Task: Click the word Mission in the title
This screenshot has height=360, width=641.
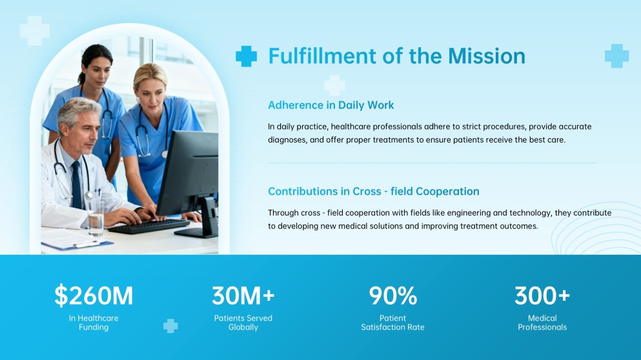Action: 487,56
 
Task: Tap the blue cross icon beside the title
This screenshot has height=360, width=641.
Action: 246,56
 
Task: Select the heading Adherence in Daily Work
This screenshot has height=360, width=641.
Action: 331,105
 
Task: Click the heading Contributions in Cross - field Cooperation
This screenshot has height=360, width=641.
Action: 373,192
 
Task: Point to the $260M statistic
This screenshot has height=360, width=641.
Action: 94,295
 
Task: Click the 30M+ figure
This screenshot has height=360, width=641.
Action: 243,295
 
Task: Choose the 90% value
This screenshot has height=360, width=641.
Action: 392,295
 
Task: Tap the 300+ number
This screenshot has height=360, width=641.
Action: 542,295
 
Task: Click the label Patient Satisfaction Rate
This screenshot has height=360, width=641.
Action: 392,323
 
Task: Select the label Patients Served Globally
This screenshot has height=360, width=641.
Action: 243,323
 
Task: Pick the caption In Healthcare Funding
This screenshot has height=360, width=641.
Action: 94,323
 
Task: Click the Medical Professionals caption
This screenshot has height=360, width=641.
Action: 542,323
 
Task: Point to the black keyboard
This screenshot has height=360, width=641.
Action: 148,226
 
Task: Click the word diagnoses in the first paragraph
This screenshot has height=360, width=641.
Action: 287,140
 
